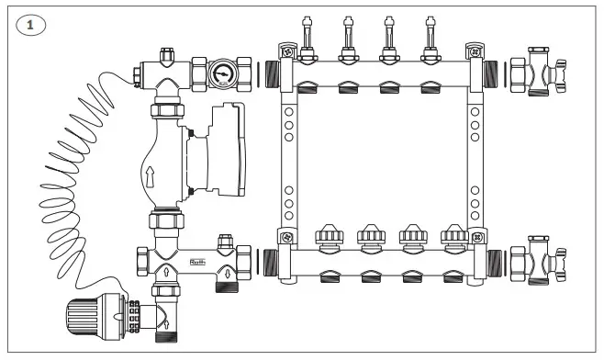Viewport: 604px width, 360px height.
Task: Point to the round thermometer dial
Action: coord(220,73)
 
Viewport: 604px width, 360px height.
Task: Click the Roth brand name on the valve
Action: coord(199,261)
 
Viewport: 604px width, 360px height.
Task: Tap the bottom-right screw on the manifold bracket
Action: coord(476,238)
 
